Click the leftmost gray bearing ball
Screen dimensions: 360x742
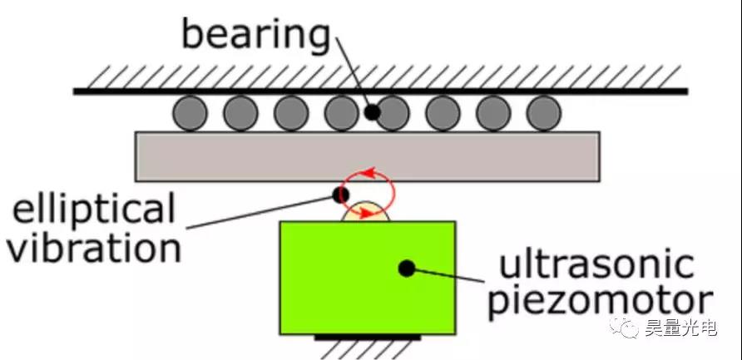tap(190, 113)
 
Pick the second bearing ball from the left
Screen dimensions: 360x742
tap(240, 113)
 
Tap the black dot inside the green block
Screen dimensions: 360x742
tap(406, 268)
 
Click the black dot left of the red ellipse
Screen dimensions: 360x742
tap(339, 195)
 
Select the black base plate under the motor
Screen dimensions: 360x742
tap(368, 337)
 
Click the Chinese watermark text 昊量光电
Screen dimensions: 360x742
tap(680, 329)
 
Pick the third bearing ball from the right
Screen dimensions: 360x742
tap(443, 113)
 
